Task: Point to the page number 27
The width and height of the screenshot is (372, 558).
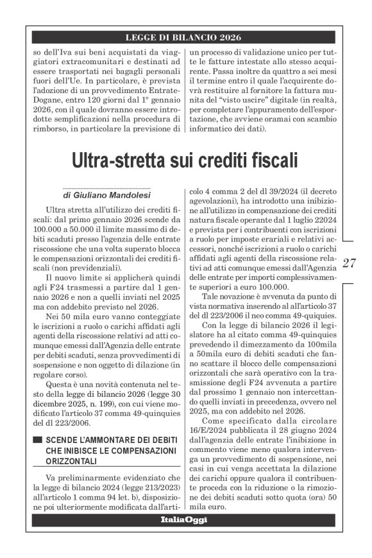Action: pyautogui.click(x=350, y=263)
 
